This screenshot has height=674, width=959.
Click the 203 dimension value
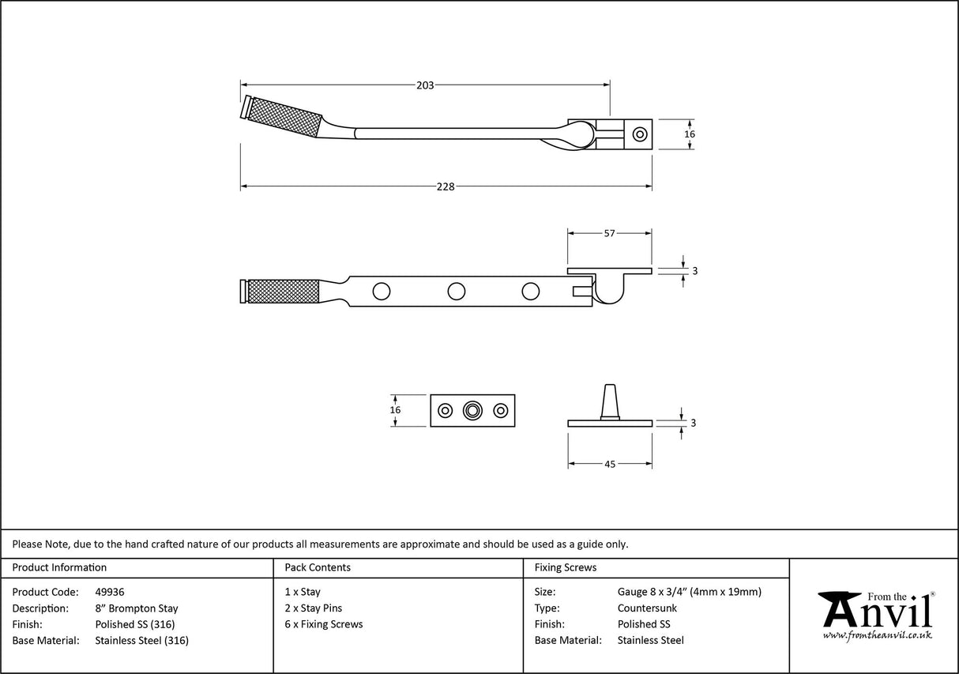(425, 85)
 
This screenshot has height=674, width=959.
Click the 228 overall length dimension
(446, 187)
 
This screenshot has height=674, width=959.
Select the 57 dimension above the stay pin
(609, 233)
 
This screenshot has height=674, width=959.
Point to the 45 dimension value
(610, 465)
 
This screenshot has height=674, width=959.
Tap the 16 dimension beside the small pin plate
(396, 410)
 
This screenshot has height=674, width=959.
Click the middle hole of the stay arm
(456, 292)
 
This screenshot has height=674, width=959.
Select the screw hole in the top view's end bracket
(640, 134)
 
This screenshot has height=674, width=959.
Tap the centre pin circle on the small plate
(472, 411)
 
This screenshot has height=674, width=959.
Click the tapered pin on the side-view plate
(610, 401)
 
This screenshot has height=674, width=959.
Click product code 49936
(109, 592)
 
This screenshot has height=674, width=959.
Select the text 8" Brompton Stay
(136, 608)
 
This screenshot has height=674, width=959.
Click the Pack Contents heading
(318, 567)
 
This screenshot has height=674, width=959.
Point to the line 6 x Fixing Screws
(324, 624)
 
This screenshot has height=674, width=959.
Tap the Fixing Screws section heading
(566, 567)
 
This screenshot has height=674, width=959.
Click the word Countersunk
(647, 608)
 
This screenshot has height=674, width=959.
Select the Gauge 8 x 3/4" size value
(689, 592)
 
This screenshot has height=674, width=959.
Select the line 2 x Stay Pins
(313, 608)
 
